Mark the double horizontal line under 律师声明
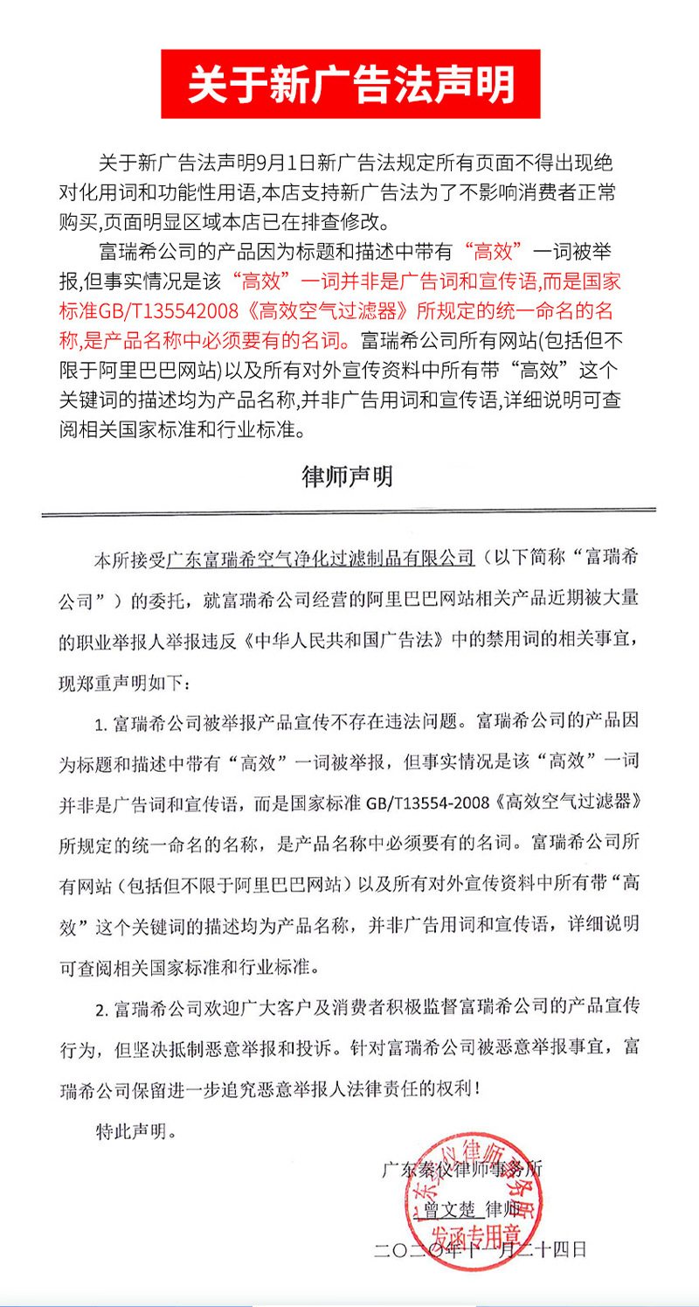click(x=349, y=511)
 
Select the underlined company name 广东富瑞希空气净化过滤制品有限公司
click(x=320, y=559)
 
